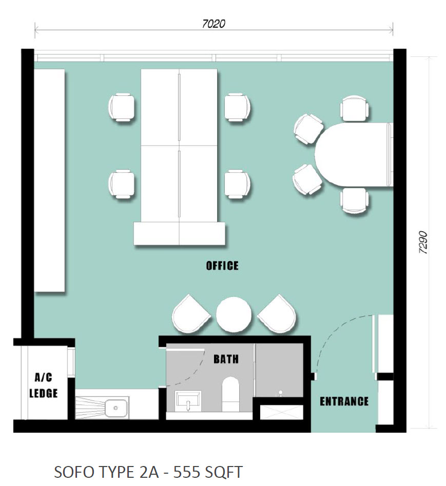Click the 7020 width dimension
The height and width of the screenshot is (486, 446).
point(214,24)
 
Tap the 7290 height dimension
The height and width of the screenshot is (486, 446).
point(423,242)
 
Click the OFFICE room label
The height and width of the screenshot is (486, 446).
point(222,266)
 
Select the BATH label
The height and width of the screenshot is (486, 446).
point(226,359)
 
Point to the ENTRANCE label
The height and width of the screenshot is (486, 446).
point(344,401)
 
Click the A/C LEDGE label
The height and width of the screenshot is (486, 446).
point(44,386)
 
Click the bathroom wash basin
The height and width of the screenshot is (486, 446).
point(188,401)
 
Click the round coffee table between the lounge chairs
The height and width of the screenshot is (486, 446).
point(234,314)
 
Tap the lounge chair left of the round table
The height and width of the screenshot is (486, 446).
point(190,314)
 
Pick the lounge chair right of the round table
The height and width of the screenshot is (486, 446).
point(277,314)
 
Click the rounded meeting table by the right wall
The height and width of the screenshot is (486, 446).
point(354,154)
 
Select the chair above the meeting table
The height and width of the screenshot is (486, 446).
point(355,108)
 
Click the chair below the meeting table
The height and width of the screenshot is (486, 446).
point(355,200)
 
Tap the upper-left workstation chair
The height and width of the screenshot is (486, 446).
point(122,107)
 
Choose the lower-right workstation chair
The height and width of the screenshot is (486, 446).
point(238,184)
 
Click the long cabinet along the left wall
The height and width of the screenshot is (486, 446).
point(49,180)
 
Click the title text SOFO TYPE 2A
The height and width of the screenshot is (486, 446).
point(106,472)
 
